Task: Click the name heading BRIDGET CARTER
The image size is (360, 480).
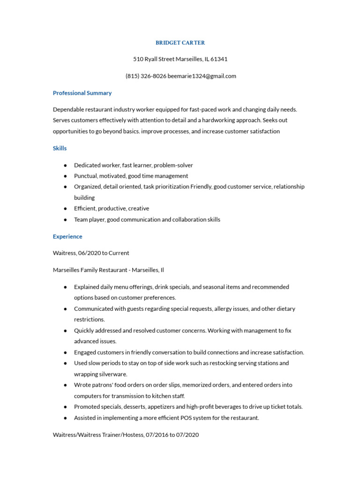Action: tap(180, 43)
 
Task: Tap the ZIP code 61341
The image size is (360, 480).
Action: tap(219, 59)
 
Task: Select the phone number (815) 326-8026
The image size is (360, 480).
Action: tap(145, 76)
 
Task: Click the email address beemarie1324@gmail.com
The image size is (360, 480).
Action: tap(202, 76)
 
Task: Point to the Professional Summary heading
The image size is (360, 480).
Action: tap(82, 93)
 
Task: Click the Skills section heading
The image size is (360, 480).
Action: tap(60, 148)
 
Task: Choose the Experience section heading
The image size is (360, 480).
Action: tap(67, 237)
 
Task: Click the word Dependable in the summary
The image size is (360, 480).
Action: tap(68, 109)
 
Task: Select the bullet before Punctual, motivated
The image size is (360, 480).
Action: tap(65, 176)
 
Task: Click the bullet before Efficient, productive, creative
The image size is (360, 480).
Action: tap(65, 209)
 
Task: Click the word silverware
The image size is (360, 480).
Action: tap(112, 374)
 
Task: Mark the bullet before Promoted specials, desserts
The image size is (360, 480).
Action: tap(65, 407)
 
